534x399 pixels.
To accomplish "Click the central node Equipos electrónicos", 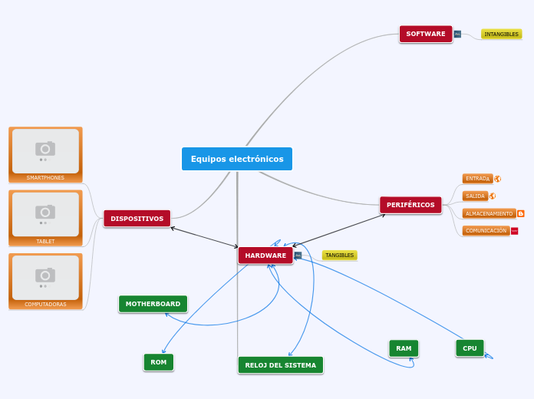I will click(237, 159).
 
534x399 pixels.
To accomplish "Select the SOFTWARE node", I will click(425, 34).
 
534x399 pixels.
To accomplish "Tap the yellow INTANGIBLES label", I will click(501, 34).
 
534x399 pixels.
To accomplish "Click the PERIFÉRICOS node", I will click(410, 205).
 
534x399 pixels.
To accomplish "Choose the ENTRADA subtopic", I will click(477, 178).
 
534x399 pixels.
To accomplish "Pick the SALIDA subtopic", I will click(475, 196).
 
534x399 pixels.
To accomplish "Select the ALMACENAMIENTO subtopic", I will click(489, 213).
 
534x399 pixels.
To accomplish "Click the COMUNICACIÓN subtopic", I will click(486, 230).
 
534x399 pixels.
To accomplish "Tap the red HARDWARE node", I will click(265, 255).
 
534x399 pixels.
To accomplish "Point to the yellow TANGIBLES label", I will click(339, 255).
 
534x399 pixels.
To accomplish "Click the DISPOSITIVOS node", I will click(137, 219).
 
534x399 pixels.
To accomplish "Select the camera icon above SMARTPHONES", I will click(45, 149).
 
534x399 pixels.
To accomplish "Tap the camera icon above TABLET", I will click(45, 212).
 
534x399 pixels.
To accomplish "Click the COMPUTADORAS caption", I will click(45, 304).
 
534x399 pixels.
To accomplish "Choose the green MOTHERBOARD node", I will click(153, 304).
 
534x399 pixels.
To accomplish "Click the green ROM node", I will click(158, 362).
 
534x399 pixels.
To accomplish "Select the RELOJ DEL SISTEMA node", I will click(280, 365).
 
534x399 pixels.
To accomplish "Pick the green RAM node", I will click(404, 348).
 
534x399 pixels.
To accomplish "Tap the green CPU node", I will click(470, 348).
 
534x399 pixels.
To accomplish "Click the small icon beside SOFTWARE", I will click(457, 34).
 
